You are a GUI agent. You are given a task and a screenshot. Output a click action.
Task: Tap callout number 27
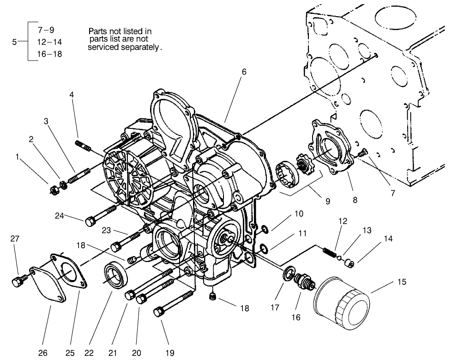point(15,238)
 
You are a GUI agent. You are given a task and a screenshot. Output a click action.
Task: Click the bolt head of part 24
point(90,221)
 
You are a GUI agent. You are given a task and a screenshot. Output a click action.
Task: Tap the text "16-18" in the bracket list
point(49,54)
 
